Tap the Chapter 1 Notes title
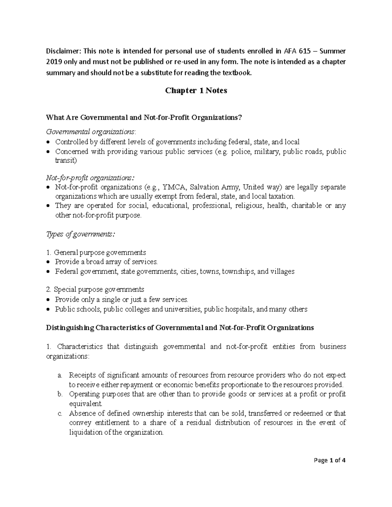tap(196, 91)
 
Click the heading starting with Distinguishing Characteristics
tap(180, 328)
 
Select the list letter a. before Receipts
tap(59, 375)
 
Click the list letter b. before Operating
tap(59, 394)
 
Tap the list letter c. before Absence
tap(59, 414)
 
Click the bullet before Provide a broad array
tap(49, 262)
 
